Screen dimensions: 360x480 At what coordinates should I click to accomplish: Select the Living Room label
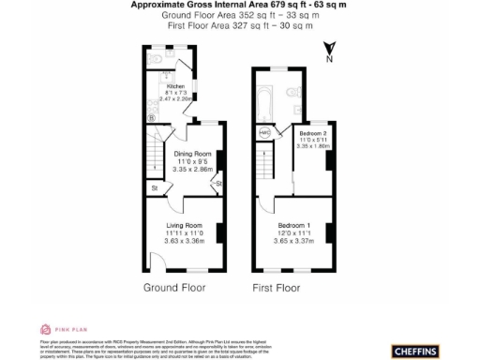pyautogui.click(x=185, y=226)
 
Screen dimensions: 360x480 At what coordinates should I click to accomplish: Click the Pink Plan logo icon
pyautogui.click(x=44, y=329)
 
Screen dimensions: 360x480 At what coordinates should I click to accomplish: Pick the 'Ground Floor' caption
pyautogui.click(x=174, y=287)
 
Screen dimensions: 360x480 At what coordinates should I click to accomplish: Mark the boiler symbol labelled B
pyautogui.click(x=152, y=118)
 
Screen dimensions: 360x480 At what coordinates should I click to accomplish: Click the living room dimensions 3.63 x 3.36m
pyautogui.click(x=185, y=241)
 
